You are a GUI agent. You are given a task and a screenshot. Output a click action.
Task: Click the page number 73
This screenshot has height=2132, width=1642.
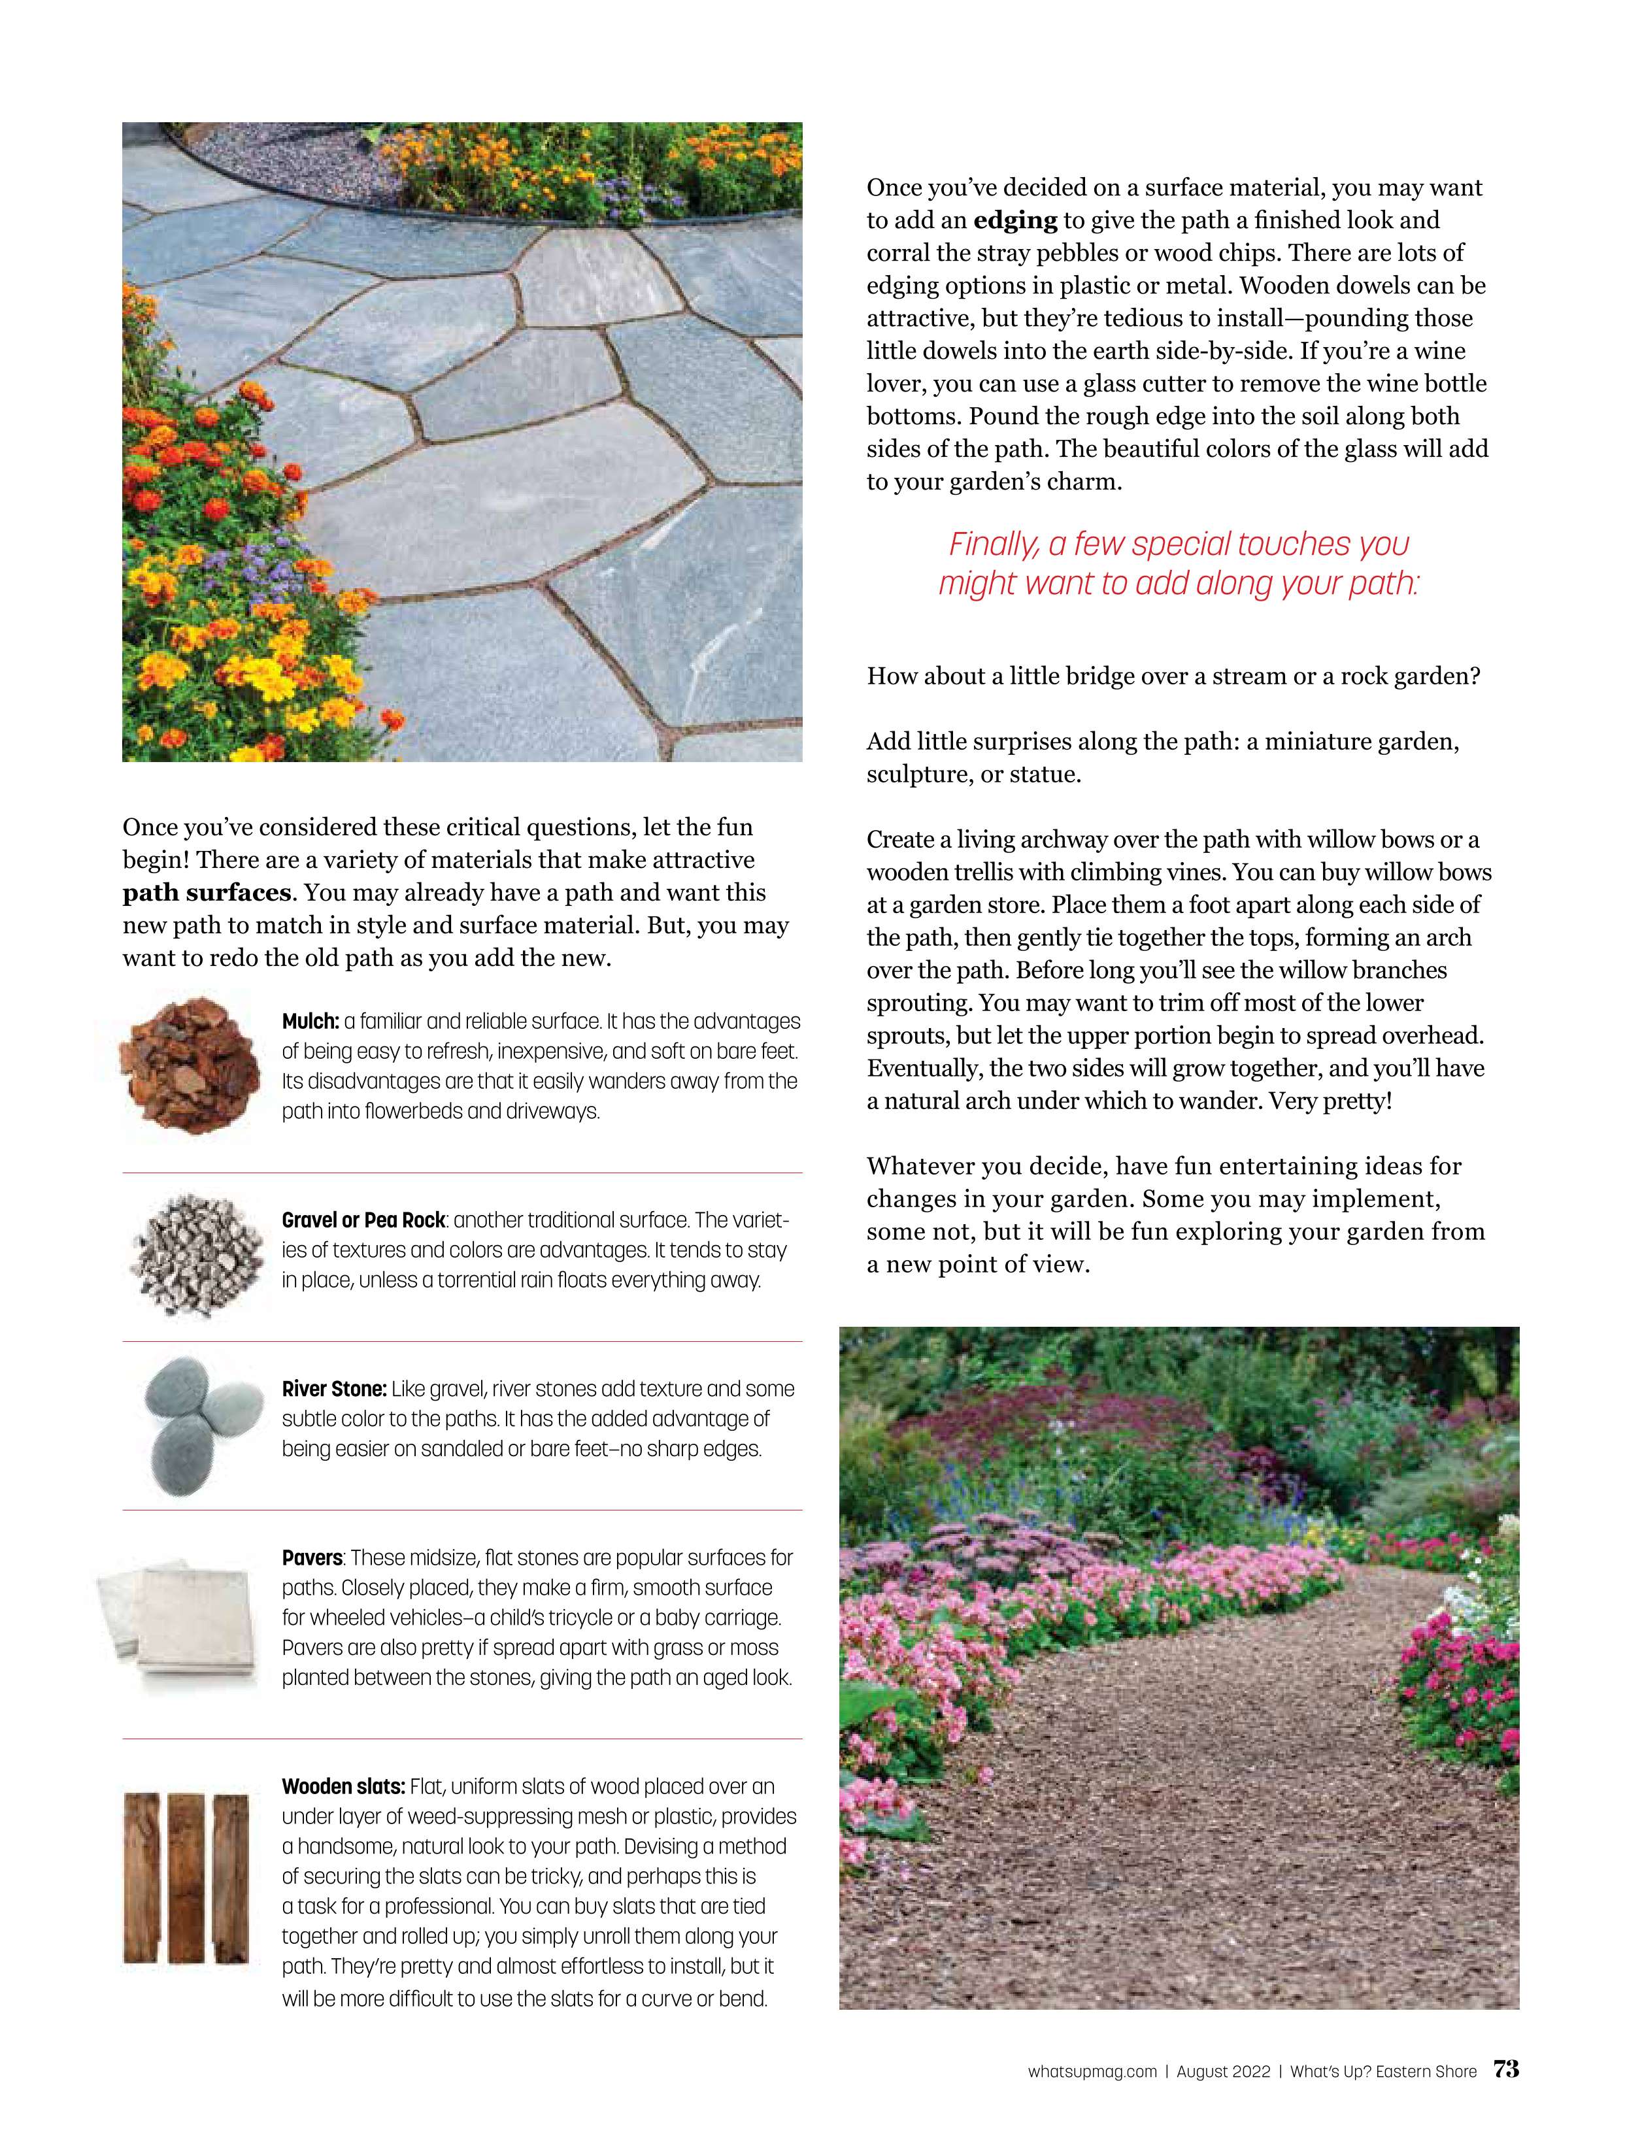tap(1505, 2069)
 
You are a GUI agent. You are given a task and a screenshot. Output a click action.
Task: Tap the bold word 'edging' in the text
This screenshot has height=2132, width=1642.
tap(1015, 221)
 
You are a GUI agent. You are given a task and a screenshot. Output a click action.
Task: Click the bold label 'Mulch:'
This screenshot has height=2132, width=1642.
tap(310, 1021)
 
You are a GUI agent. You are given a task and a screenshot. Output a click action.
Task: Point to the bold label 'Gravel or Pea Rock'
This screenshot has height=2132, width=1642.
tap(363, 1220)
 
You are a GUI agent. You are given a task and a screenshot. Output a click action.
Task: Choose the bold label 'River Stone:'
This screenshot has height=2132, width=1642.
tap(334, 1388)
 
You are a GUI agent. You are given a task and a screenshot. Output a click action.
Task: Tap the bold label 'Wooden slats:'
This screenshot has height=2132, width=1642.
tap(343, 1786)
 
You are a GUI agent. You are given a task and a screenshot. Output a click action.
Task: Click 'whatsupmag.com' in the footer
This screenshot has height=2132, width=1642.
tap(1092, 2071)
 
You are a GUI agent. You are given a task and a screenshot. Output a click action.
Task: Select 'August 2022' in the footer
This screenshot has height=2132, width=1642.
tap(1223, 2071)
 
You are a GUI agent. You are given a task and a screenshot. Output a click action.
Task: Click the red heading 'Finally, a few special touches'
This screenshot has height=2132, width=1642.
tap(1179, 544)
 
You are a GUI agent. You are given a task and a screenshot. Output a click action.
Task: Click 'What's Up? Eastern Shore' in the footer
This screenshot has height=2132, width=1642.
tap(1382, 2071)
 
